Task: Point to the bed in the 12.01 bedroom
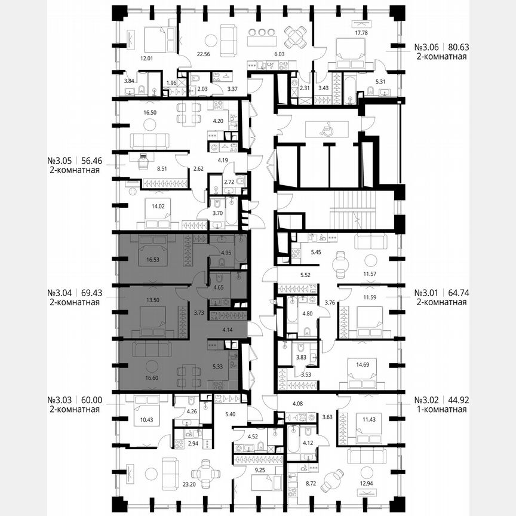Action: coord(155,39)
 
